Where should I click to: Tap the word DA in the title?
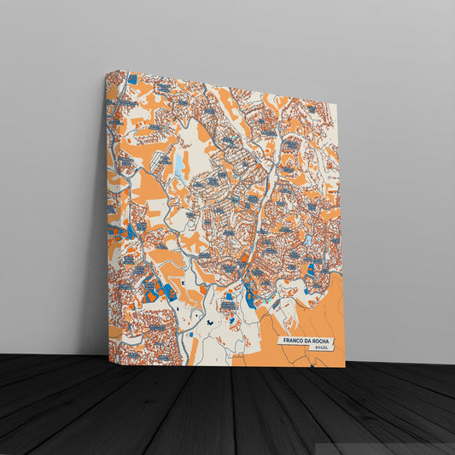[x=310, y=341]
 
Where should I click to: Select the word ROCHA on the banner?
[x=324, y=341]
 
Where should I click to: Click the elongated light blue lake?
[x=178, y=161]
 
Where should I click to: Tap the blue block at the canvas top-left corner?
[x=132, y=79]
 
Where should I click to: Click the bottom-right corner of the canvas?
[x=345, y=367]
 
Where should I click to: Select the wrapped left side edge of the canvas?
[x=111, y=213]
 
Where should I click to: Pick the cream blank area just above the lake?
[x=192, y=137]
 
